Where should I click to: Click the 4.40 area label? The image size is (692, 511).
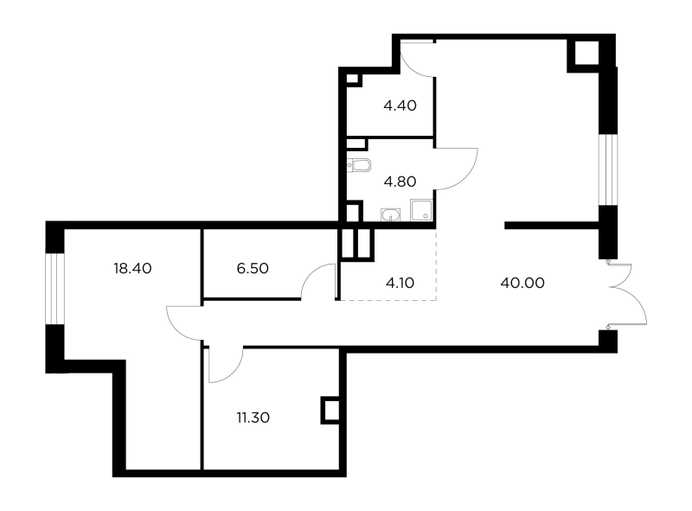[x=400, y=105]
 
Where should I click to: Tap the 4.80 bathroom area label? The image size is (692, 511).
[x=400, y=182]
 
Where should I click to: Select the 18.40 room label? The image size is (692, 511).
[x=132, y=268]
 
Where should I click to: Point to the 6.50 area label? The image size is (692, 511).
[x=253, y=268]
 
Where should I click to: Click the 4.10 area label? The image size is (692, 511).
[x=400, y=283]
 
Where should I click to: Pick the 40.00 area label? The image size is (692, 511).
[x=522, y=283]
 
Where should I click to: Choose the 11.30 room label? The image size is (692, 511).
[x=253, y=418]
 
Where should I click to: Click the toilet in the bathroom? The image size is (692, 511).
[x=359, y=165]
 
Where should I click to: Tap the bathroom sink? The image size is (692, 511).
[x=391, y=215]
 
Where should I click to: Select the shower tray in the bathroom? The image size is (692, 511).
[x=421, y=210]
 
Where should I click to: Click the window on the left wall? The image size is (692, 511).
[x=55, y=289]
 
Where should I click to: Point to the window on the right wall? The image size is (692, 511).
[x=608, y=169]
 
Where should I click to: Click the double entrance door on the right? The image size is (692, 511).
[x=626, y=294]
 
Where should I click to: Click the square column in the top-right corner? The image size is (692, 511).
[x=586, y=53]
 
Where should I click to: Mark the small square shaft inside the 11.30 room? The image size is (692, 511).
[x=330, y=411]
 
